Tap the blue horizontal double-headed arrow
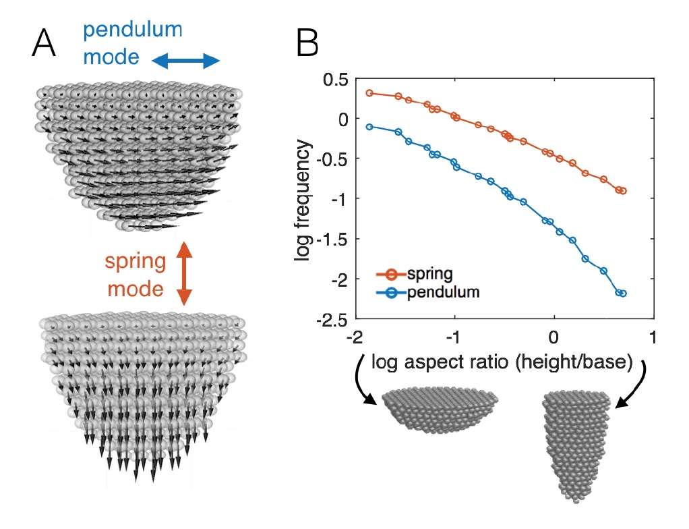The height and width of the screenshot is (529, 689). (x=185, y=62)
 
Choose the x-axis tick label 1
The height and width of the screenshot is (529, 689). (x=653, y=336)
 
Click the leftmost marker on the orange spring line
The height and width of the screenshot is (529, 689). (x=369, y=92)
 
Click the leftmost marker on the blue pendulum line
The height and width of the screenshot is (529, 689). (x=369, y=127)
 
